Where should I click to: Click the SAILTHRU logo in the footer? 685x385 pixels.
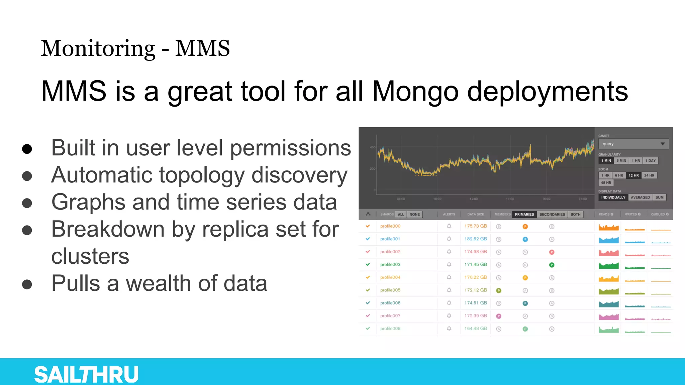[86, 374]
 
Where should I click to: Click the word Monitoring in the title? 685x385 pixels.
[98, 48]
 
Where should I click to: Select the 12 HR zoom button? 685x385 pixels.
[633, 175]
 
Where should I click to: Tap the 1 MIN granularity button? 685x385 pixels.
[606, 161]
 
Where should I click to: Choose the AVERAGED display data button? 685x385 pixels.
[640, 198]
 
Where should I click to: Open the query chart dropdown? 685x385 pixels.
[633, 144]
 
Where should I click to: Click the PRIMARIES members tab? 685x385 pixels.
[524, 215]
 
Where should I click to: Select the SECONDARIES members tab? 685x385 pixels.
[552, 215]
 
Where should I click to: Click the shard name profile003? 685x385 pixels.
[390, 265]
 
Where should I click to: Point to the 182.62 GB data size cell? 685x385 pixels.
[475, 239]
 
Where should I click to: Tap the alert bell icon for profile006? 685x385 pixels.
[449, 303]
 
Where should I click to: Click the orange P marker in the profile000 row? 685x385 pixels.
[525, 227]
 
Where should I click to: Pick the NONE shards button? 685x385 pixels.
[414, 215]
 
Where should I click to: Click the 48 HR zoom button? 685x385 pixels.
[606, 183]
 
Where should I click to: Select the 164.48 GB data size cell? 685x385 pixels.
[475, 329]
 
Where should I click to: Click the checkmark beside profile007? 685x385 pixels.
[368, 315]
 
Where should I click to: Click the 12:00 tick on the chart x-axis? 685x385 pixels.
[474, 199]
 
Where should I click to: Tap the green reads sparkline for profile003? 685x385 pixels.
[608, 266]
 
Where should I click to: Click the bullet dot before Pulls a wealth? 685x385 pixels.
[27, 284]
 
